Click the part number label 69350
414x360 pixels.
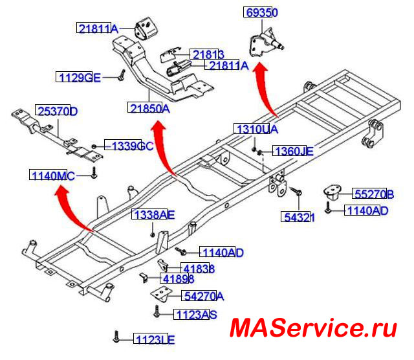point(261,12)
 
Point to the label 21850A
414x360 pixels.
point(148,109)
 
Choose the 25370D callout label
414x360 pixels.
point(56,111)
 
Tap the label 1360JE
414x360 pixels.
point(293,152)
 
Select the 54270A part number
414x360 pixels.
point(202,297)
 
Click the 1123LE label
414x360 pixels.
point(155,338)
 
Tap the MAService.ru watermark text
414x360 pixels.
point(312,328)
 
